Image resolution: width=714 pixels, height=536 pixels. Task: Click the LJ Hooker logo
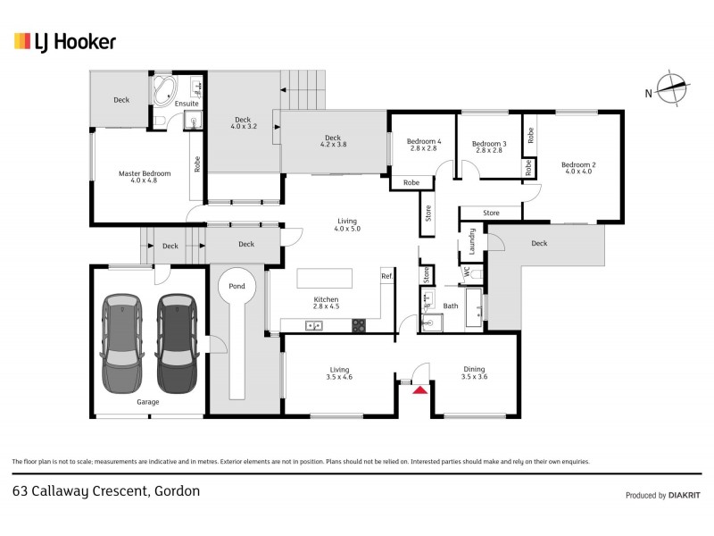coord(64,41)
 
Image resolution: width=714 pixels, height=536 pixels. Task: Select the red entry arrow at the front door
coord(418,386)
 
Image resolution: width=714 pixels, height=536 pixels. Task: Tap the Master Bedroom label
coord(137,178)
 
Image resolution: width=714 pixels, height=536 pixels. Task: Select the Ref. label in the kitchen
coord(386,277)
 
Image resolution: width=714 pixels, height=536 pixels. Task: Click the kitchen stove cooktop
coord(359,325)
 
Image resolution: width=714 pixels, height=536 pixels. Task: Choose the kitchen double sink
coord(313,325)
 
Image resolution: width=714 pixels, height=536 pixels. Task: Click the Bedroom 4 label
coord(423,146)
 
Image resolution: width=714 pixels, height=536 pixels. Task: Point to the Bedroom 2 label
coord(577,168)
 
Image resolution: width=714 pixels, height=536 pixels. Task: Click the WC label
coord(466,270)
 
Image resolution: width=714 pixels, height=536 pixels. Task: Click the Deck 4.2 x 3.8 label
coord(332,142)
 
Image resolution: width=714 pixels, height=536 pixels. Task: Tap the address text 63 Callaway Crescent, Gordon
coord(106,490)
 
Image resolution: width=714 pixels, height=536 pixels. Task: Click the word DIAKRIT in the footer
coord(685,495)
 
